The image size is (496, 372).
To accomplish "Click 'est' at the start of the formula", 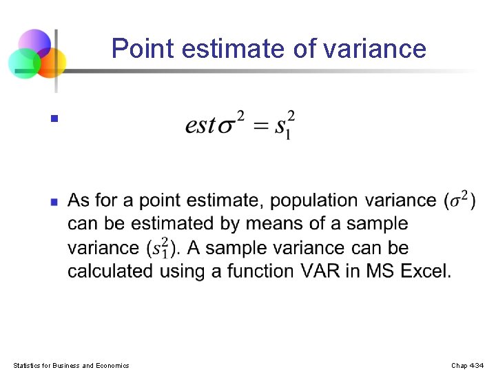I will tap(200, 126).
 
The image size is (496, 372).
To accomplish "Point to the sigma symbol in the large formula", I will tap(227, 127).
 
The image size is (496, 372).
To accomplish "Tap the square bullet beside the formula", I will tap(53, 118).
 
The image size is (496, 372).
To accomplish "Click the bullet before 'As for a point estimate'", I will tap(54, 203).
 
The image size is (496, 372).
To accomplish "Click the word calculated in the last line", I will tap(111, 271).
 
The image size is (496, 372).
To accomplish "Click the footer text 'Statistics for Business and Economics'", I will tap(71, 365).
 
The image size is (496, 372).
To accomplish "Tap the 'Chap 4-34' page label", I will tap(468, 365).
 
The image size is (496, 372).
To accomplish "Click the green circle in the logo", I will tap(23, 63).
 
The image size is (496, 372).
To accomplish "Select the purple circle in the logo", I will tap(34, 43).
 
